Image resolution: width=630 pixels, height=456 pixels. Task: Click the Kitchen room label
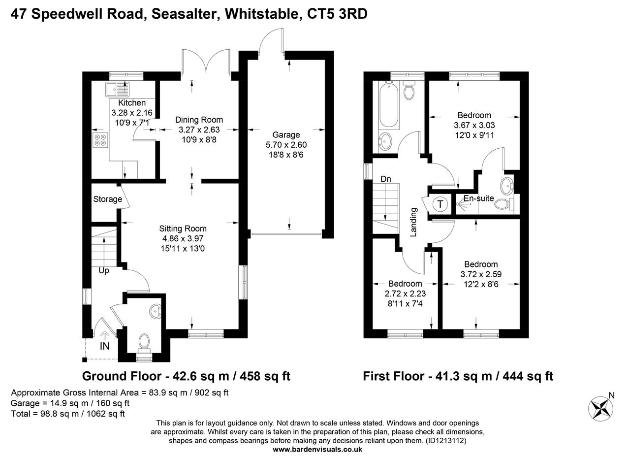tap(132, 103)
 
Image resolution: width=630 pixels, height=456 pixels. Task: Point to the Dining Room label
tap(199, 120)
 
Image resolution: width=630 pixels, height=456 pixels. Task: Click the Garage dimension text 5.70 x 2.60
tap(286, 145)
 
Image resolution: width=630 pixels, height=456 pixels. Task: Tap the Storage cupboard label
tap(107, 199)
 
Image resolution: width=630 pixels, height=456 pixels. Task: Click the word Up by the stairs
tap(104, 271)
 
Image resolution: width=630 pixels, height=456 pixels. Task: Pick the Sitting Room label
tap(183, 228)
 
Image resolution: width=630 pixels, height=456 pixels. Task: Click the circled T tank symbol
tap(440, 204)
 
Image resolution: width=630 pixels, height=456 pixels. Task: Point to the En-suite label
tap(478, 198)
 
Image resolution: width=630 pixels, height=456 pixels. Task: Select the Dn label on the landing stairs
tap(385, 179)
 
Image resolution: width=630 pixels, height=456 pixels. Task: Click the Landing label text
tap(413, 222)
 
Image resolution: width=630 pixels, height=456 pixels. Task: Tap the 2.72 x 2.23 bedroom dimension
tap(405, 293)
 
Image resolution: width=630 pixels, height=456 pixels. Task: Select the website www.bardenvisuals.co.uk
tap(317, 449)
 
